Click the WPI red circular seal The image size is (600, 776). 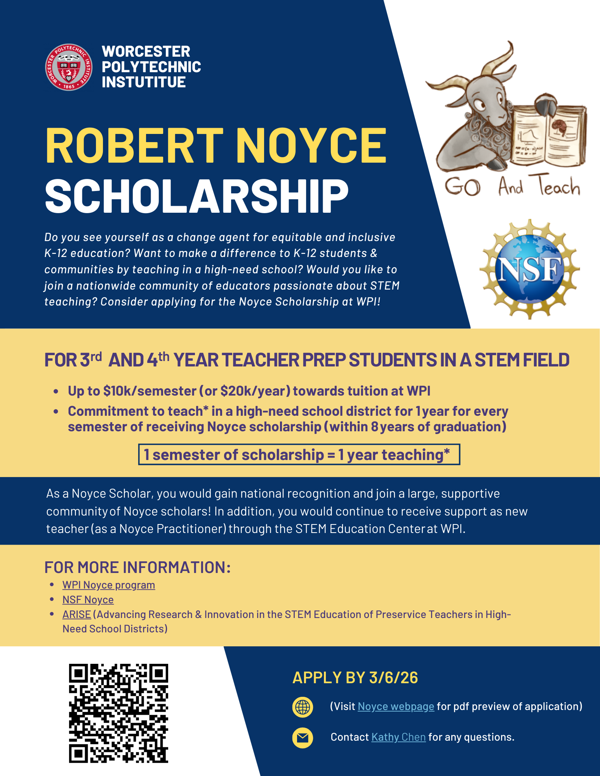pos(69,67)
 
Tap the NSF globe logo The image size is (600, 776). pos(530,269)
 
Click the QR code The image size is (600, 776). pos(118,713)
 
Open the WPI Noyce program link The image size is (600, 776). pos(109,585)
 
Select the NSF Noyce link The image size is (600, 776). pos(88,599)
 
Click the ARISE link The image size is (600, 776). pos(77,614)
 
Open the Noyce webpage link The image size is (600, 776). pos(396,706)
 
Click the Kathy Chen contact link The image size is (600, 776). pos(398,737)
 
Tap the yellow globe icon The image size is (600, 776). pos(303,707)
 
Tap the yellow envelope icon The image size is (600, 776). pos(303,738)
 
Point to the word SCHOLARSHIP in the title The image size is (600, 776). pos(197,196)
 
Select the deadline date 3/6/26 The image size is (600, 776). pos(393,678)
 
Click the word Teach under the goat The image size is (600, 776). pos(559,186)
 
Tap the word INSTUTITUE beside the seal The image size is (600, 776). pos(144,82)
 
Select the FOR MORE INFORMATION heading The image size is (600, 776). pos(137,567)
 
